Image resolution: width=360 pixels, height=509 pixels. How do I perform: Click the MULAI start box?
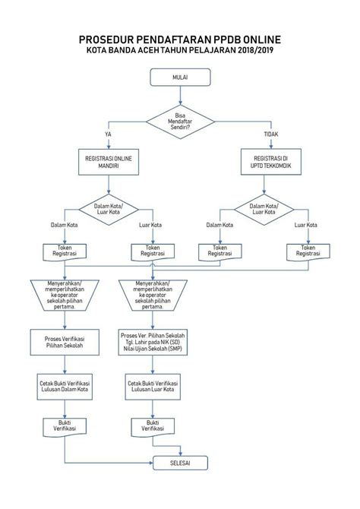[180, 77]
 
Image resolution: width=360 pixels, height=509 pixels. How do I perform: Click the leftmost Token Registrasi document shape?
[65, 251]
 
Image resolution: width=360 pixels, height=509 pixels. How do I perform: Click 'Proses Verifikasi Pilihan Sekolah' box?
[65, 341]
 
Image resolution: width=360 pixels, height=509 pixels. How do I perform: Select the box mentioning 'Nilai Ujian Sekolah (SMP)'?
[153, 341]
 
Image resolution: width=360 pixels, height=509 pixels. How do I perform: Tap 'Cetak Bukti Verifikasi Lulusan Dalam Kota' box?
[65, 387]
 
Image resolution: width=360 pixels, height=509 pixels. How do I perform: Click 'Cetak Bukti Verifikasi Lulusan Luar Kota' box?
[153, 387]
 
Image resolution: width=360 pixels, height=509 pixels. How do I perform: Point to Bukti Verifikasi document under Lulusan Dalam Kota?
[65, 426]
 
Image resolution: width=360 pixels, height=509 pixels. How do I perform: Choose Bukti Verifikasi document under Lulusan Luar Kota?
[153, 426]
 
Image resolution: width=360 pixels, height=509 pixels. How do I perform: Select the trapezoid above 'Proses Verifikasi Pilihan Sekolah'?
[65, 296]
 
